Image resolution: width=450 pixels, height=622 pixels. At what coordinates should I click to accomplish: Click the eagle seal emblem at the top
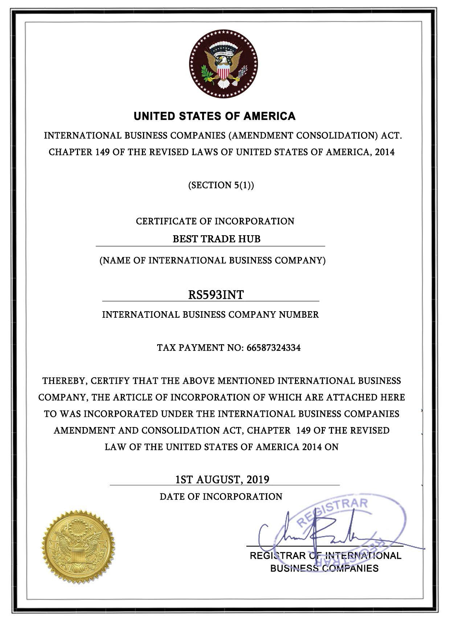[223, 64]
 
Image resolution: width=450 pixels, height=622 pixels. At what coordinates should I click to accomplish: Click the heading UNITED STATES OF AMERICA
[214, 116]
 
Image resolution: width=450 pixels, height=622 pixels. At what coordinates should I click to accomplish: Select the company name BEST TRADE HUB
[216, 239]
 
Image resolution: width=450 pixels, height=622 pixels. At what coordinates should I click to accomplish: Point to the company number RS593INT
[216, 294]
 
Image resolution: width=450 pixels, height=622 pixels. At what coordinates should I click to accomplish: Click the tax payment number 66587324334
[273, 348]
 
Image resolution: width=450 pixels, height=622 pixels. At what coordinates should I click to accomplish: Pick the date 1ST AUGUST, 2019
[222, 479]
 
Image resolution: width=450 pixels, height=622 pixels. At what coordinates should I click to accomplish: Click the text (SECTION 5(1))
[221, 185]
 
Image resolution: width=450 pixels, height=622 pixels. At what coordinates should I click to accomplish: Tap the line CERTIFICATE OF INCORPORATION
[215, 221]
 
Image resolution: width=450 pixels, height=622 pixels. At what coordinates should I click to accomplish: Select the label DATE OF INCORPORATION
[221, 496]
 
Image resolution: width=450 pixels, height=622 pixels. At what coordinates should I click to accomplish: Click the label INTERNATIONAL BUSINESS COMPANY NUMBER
[210, 314]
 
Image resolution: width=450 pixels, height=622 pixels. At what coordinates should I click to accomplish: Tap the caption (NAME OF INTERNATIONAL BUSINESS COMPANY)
[212, 260]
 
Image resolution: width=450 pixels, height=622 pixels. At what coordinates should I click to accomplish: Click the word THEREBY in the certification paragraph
[64, 381]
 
